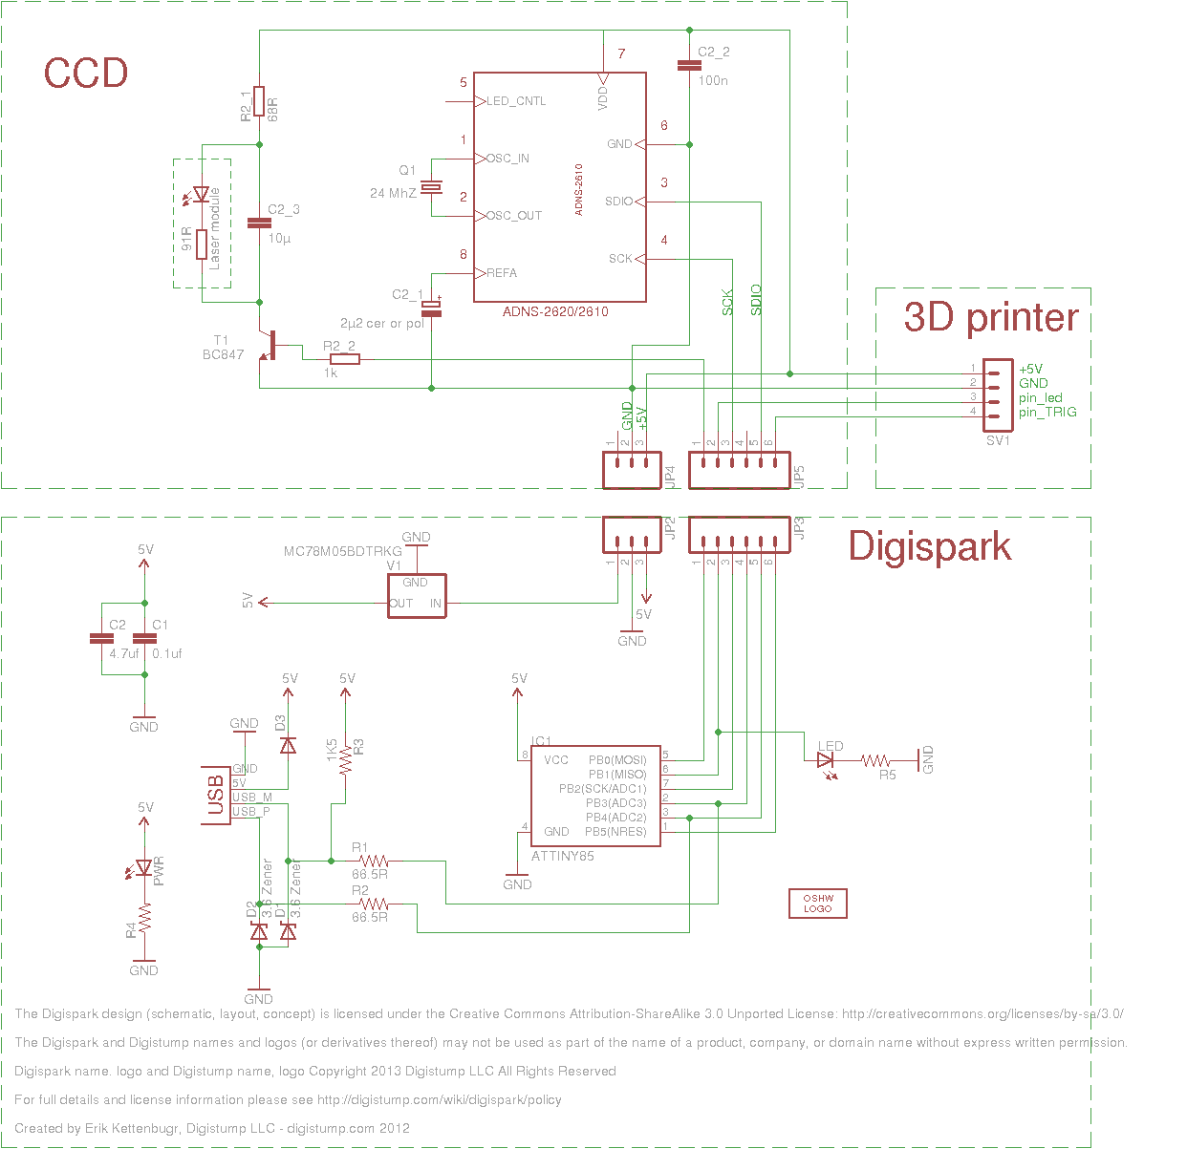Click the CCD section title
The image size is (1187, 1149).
pyautogui.click(x=86, y=74)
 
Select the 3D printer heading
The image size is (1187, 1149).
pyautogui.click(x=991, y=317)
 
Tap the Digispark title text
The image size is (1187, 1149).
pyautogui.click(x=929, y=546)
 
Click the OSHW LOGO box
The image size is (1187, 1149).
pyautogui.click(x=817, y=904)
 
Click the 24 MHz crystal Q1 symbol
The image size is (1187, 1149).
pyautogui.click(x=432, y=187)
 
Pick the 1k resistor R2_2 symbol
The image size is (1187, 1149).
pyautogui.click(x=344, y=359)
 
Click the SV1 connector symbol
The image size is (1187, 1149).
pyautogui.click(x=998, y=390)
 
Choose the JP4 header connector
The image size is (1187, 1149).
pyautogui.click(x=632, y=470)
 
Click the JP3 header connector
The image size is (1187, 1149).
pyautogui.click(x=740, y=535)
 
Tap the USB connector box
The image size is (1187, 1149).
pyautogui.click(x=216, y=795)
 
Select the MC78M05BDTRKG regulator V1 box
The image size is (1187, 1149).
pyautogui.click(x=417, y=596)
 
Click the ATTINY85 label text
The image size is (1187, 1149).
pyautogui.click(x=562, y=856)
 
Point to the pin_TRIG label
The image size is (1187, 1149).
pyautogui.click(x=1047, y=413)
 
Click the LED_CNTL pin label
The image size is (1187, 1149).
pyautogui.click(x=516, y=101)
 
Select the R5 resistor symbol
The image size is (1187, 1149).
pyautogui.click(x=876, y=761)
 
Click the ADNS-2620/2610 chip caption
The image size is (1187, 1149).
pyautogui.click(x=555, y=311)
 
